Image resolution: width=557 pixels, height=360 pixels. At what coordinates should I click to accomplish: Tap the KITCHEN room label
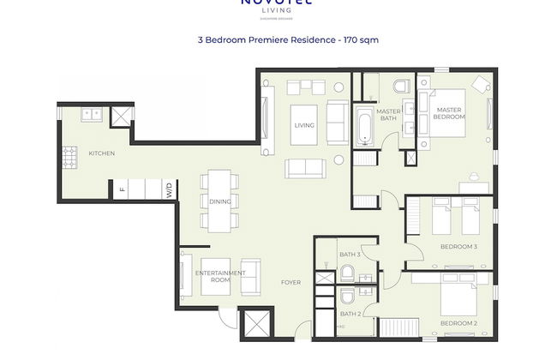coord(101,153)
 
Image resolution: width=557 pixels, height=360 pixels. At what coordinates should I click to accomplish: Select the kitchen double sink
coord(91,114)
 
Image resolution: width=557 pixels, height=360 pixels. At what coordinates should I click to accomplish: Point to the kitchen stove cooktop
coord(68,156)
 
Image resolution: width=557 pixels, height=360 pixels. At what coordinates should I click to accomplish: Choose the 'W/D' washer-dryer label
coord(170,190)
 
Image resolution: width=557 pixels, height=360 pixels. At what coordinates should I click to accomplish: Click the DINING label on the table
coord(220,201)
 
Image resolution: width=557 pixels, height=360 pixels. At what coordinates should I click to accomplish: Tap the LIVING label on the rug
coord(304,125)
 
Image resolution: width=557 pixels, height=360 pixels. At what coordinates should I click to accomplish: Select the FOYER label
coord(291,282)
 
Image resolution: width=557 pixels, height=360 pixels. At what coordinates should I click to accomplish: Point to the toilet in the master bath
coord(403,87)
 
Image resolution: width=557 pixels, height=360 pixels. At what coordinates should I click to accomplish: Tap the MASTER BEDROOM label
coord(450,113)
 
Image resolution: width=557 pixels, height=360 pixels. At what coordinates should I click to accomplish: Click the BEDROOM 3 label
coord(458,247)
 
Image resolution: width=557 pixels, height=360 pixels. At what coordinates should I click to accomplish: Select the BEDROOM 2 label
coord(458,322)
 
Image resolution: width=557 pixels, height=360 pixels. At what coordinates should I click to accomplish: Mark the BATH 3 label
coord(349,255)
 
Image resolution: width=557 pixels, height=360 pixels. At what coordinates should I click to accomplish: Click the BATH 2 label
coord(349,314)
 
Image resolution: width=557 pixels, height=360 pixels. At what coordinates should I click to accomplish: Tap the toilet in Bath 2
coord(346,297)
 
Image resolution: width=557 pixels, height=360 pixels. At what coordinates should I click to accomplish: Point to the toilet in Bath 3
coord(347,273)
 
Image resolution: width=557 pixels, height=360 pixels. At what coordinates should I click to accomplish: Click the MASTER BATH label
coord(389,115)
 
